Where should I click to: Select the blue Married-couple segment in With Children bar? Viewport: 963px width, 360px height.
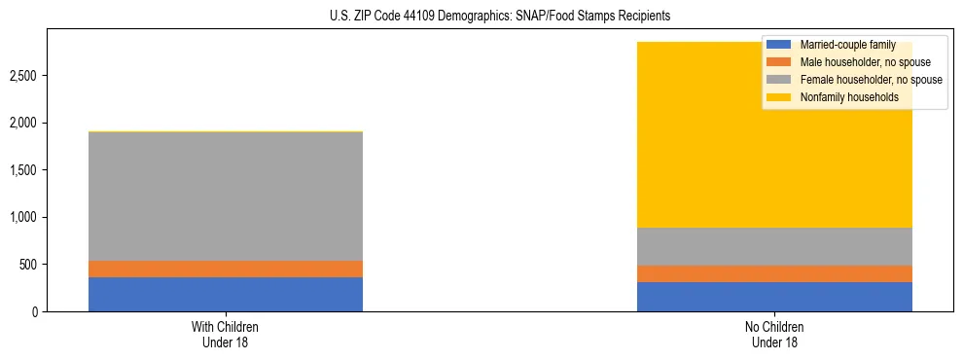click(x=226, y=294)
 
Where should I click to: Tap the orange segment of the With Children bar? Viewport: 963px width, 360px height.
click(x=226, y=269)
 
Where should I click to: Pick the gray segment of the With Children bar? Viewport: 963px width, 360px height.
click(x=226, y=196)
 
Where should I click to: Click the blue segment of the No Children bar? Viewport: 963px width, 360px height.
click(x=774, y=297)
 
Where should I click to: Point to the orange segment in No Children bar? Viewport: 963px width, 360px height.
click(x=774, y=273)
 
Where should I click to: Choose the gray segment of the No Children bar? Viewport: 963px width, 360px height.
click(x=774, y=246)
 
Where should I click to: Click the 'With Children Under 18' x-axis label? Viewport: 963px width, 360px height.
click(x=226, y=334)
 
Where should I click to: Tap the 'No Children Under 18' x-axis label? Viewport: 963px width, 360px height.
click(x=774, y=334)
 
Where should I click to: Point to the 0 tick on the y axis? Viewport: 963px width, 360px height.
click(x=35, y=311)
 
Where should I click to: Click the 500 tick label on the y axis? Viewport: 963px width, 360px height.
click(x=29, y=265)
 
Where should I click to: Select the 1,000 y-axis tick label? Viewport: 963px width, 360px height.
click(x=25, y=217)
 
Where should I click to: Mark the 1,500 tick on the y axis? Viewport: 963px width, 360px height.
click(x=25, y=170)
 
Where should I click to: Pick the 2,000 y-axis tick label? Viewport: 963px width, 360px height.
click(x=25, y=124)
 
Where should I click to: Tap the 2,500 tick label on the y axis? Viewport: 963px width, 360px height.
click(x=25, y=76)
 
